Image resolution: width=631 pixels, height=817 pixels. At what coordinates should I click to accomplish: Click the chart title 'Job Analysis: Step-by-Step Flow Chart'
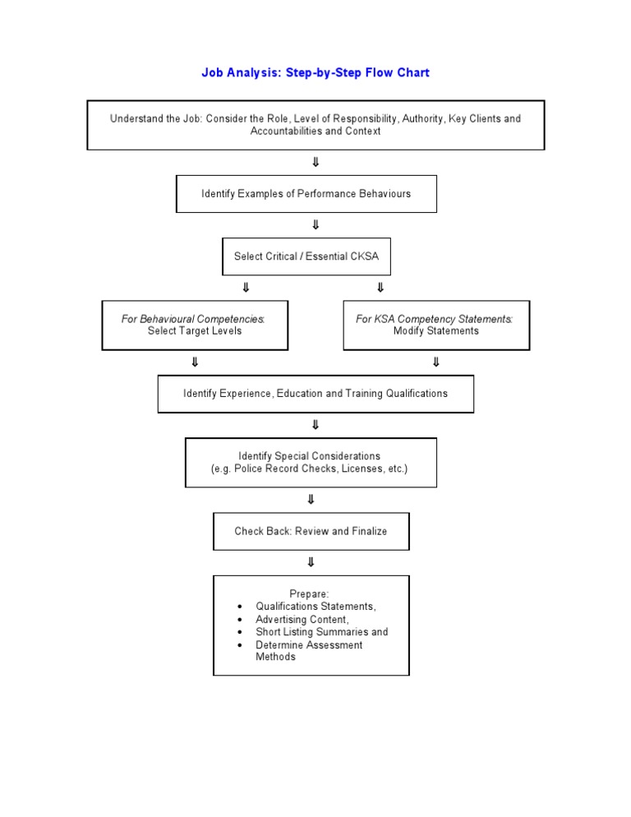[x=315, y=73]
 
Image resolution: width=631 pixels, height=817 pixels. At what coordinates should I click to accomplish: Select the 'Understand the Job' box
[x=315, y=125]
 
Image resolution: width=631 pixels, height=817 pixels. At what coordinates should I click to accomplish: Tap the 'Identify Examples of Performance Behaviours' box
[x=306, y=194]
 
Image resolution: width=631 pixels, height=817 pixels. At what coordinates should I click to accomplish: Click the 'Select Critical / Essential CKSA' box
[x=306, y=256]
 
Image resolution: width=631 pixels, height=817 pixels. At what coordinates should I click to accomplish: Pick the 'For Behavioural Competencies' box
[x=195, y=325]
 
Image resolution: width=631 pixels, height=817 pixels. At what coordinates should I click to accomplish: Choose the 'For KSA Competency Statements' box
[x=435, y=325]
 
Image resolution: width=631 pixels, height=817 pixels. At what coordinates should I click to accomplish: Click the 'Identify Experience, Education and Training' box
[x=315, y=394]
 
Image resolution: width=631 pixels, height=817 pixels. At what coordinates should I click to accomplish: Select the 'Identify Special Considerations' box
[x=311, y=462]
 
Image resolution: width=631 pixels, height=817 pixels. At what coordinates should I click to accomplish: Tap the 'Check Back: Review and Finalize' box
[x=311, y=531]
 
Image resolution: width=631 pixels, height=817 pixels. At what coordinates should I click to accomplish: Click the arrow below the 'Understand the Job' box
[x=315, y=162]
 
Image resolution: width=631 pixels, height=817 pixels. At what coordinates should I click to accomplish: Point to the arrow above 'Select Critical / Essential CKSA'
[x=315, y=224]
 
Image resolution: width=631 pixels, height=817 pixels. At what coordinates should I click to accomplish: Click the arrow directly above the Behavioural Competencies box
[x=245, y=288]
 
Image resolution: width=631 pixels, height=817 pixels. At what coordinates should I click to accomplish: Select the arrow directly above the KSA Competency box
[x=380, y=288]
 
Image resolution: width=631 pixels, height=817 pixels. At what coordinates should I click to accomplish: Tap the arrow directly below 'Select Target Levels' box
[x=195, y=362]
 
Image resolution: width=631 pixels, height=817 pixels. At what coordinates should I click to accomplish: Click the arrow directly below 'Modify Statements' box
[x=435, y=362]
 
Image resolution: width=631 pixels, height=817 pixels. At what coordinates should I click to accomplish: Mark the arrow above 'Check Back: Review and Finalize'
[x=311, y=500]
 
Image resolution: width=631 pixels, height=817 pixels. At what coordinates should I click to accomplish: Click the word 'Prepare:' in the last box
[x=310, y=593]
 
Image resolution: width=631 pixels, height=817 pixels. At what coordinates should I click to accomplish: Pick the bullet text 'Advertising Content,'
[x=302, y=619]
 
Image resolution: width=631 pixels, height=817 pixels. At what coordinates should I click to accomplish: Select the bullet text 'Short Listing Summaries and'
[x=321, y=632]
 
